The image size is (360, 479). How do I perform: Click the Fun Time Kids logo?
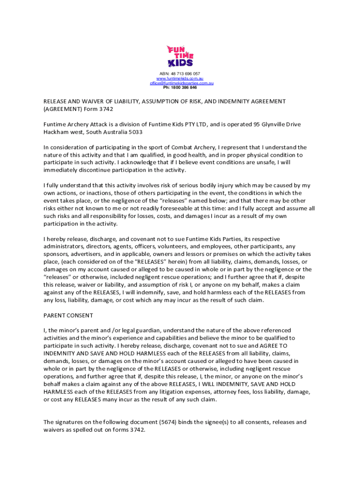click(180, 56)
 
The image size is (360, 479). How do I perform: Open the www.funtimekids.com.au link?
click(180, 79)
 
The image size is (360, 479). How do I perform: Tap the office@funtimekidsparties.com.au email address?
click(181, 83)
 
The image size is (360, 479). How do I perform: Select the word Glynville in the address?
click(267, 124)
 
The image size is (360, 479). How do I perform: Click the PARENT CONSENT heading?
click(68, 315)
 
